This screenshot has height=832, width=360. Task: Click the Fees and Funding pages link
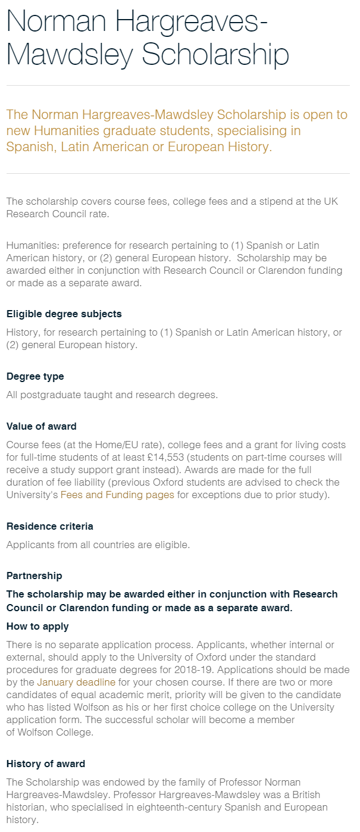point(117,495)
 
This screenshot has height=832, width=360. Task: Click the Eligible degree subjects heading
point(64,314)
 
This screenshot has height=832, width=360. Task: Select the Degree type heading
point(35,377)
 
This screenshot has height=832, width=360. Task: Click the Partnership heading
point(34,576)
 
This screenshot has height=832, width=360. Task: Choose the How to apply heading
point(37,627)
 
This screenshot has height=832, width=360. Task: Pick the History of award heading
point(46,764)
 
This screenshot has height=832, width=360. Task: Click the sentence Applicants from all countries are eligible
point(98,545)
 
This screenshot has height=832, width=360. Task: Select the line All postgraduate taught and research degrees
point(112,395)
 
